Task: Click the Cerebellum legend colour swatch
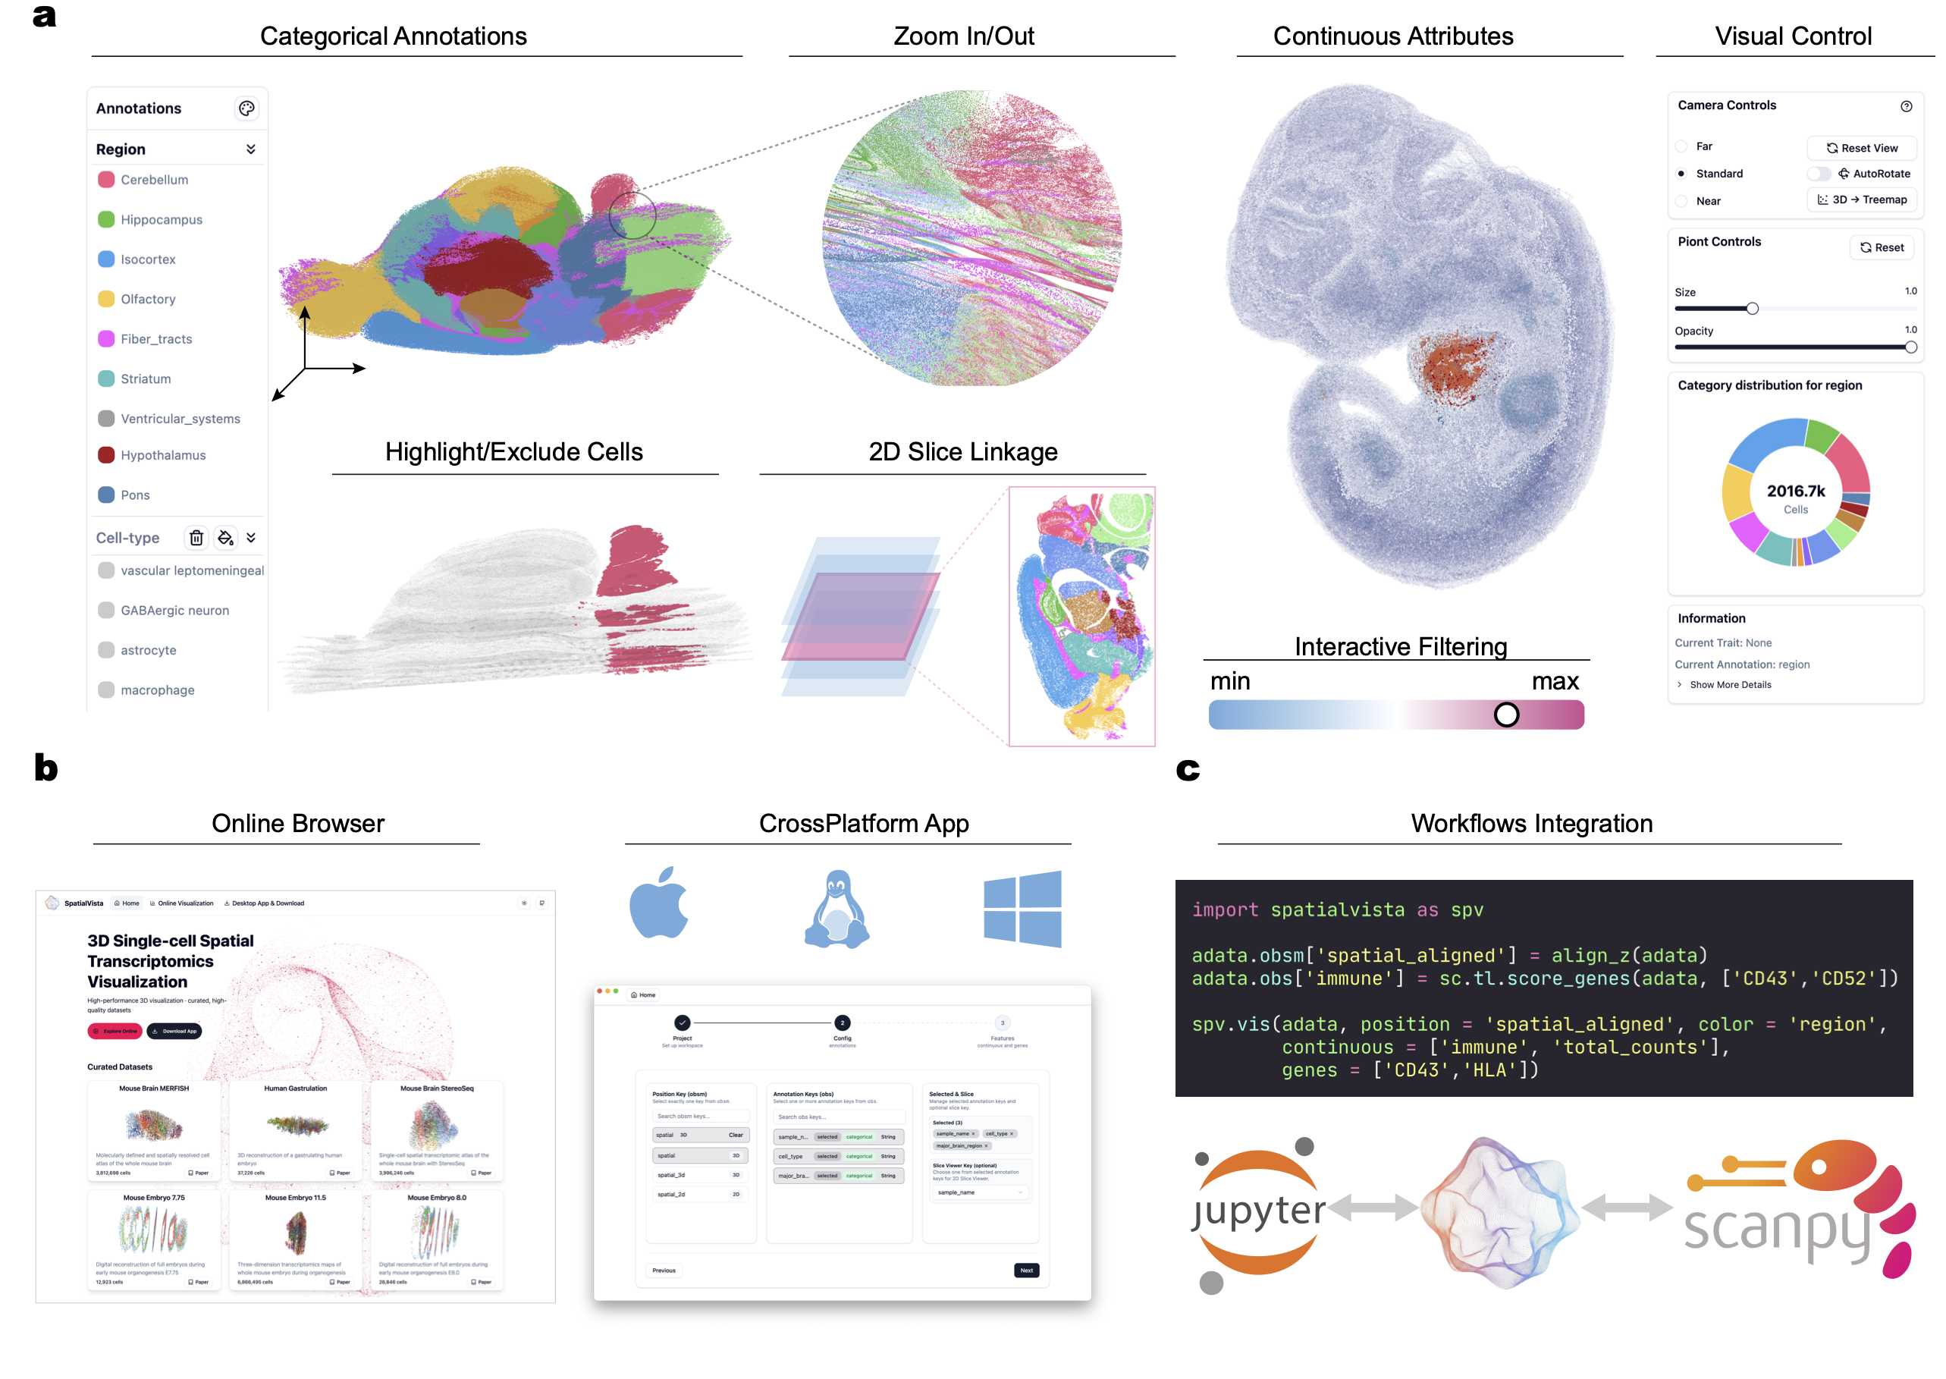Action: pos(106,179)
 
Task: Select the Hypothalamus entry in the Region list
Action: pos(162,455)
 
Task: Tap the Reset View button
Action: pos(1861,148)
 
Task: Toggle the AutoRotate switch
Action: pos(1819,173)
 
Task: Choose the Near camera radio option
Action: pos(1681,201)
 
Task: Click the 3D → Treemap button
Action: pos(1861,199)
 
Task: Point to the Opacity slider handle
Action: pos(1910,347)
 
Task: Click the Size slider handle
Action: pos(1753,308)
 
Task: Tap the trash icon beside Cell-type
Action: pos(196,538)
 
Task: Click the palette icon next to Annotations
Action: pos(246,108)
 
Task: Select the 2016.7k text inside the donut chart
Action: pos(1796,491)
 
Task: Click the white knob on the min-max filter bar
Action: pos(1506,715)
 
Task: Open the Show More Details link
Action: pos(1730,685)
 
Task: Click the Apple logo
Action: pos(659,903)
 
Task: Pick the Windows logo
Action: pos(1022,909)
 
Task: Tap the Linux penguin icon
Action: pos(837,909)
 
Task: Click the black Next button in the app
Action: pos(1027,1271)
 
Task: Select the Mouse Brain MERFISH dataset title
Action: pos(154,1088)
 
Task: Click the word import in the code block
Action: pos(1224,910)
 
